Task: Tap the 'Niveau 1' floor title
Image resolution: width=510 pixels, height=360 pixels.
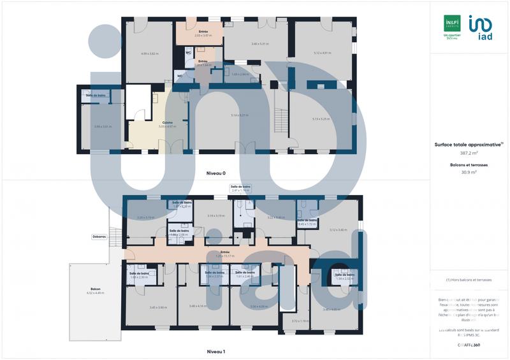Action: (x=215, y=351)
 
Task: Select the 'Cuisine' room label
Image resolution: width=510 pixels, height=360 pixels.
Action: (x=168, y=122)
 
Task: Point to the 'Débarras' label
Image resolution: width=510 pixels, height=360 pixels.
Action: (x=99, y=236)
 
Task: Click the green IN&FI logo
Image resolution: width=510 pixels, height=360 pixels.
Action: (x=452, y=23)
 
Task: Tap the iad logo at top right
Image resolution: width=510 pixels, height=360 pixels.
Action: (x=479, y=28)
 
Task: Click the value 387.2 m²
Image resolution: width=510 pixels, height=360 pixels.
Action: (x=469, y=153)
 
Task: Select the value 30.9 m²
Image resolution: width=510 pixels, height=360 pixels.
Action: (x=469, y=172)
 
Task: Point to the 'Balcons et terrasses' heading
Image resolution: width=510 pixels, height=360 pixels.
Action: (x=469, y=164)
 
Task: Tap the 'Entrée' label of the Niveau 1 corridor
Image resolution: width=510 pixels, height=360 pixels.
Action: (x=224, y=252)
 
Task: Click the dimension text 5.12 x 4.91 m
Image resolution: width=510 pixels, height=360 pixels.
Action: (x=324, y=53)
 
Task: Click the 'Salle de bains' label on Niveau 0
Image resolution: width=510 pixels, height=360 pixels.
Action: (x=96, y=95)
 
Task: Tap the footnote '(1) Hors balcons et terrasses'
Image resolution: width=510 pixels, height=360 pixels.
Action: (x=469, y=280)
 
